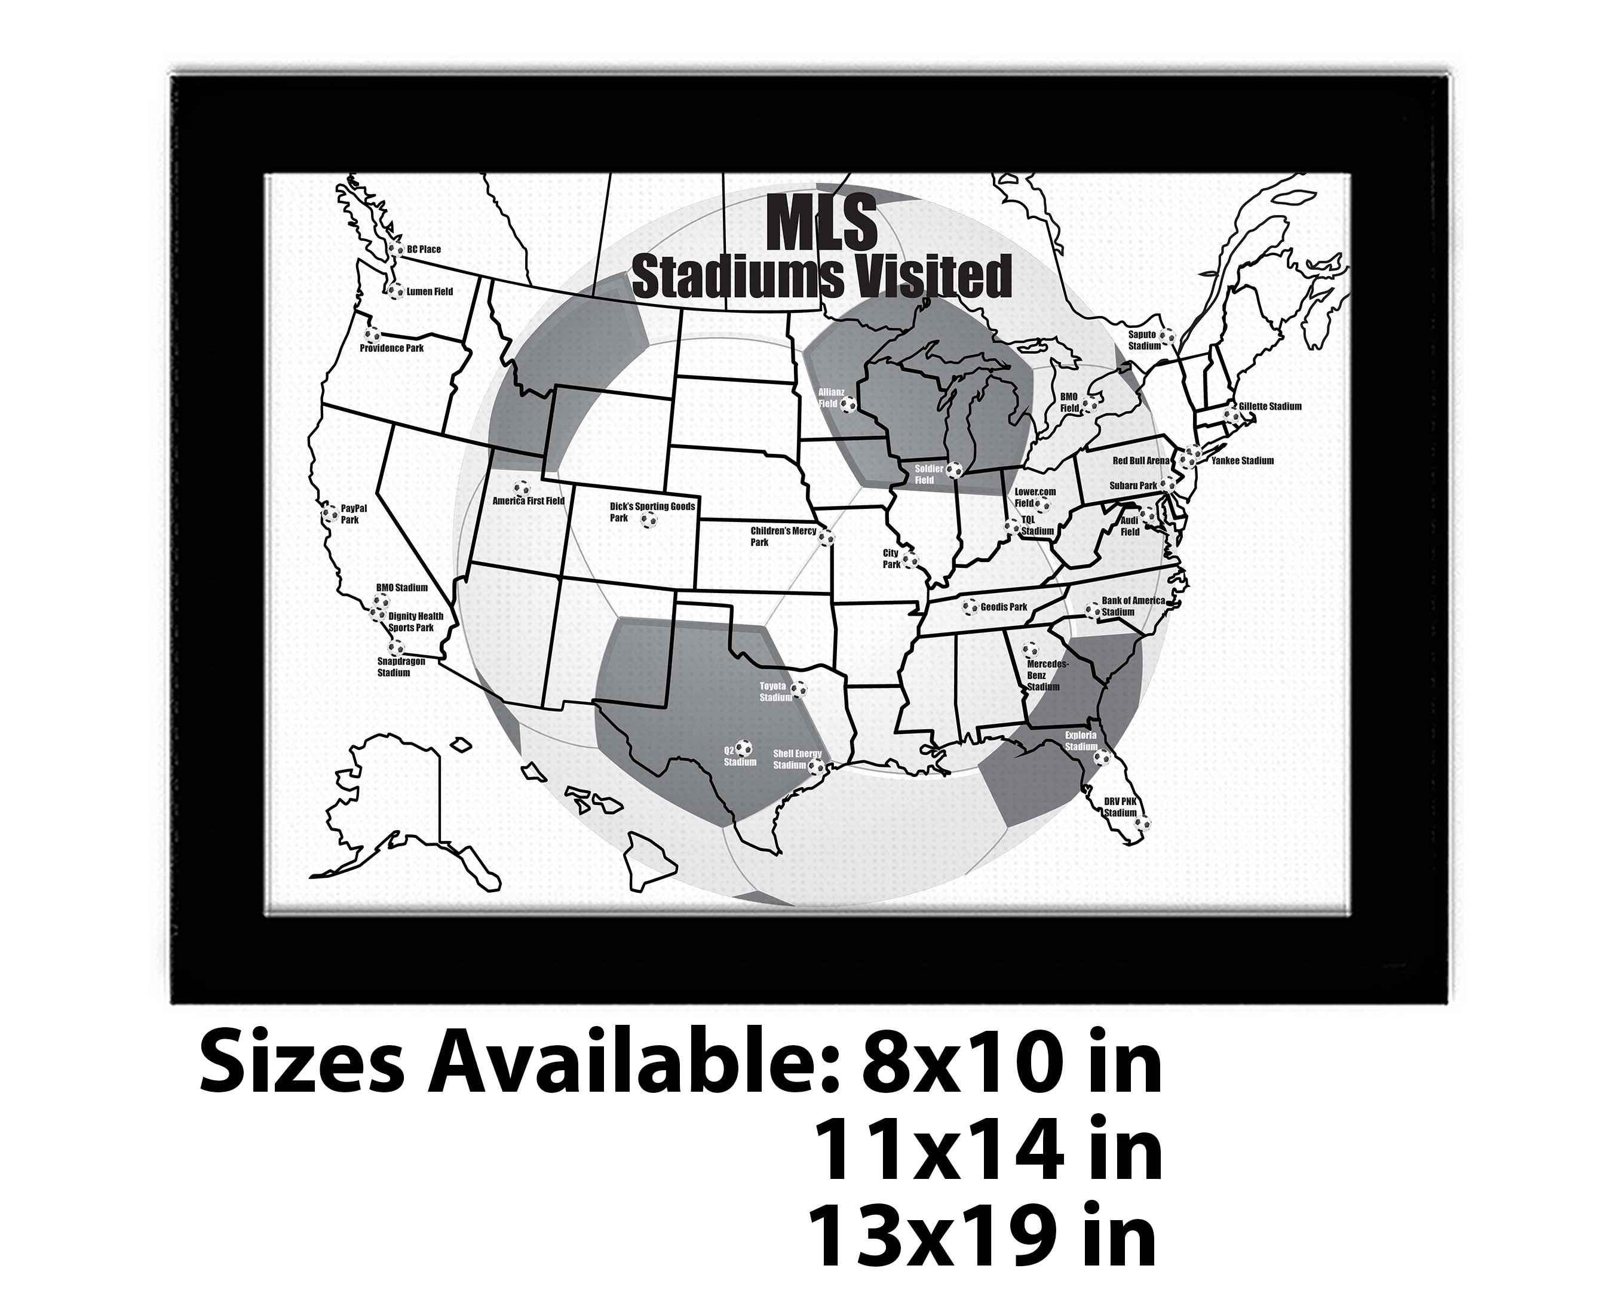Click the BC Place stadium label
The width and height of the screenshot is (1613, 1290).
424,250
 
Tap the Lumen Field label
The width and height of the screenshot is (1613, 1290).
430,291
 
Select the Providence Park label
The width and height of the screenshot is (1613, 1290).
391,349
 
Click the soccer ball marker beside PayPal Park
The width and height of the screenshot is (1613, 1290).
330,514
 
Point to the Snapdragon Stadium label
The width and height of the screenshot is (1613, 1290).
400,667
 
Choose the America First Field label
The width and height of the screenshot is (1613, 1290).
528,501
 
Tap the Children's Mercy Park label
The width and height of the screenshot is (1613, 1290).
783,536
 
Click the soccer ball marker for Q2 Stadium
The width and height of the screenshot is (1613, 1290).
743,747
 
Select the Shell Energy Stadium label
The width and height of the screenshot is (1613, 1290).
797,760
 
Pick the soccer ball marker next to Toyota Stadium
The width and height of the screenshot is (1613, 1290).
799,689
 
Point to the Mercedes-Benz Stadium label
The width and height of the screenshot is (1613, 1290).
1047,675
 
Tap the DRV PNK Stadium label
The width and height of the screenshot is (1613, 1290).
1120,807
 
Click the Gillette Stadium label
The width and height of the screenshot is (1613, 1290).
1269,407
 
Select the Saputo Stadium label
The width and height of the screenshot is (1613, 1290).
1144,340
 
